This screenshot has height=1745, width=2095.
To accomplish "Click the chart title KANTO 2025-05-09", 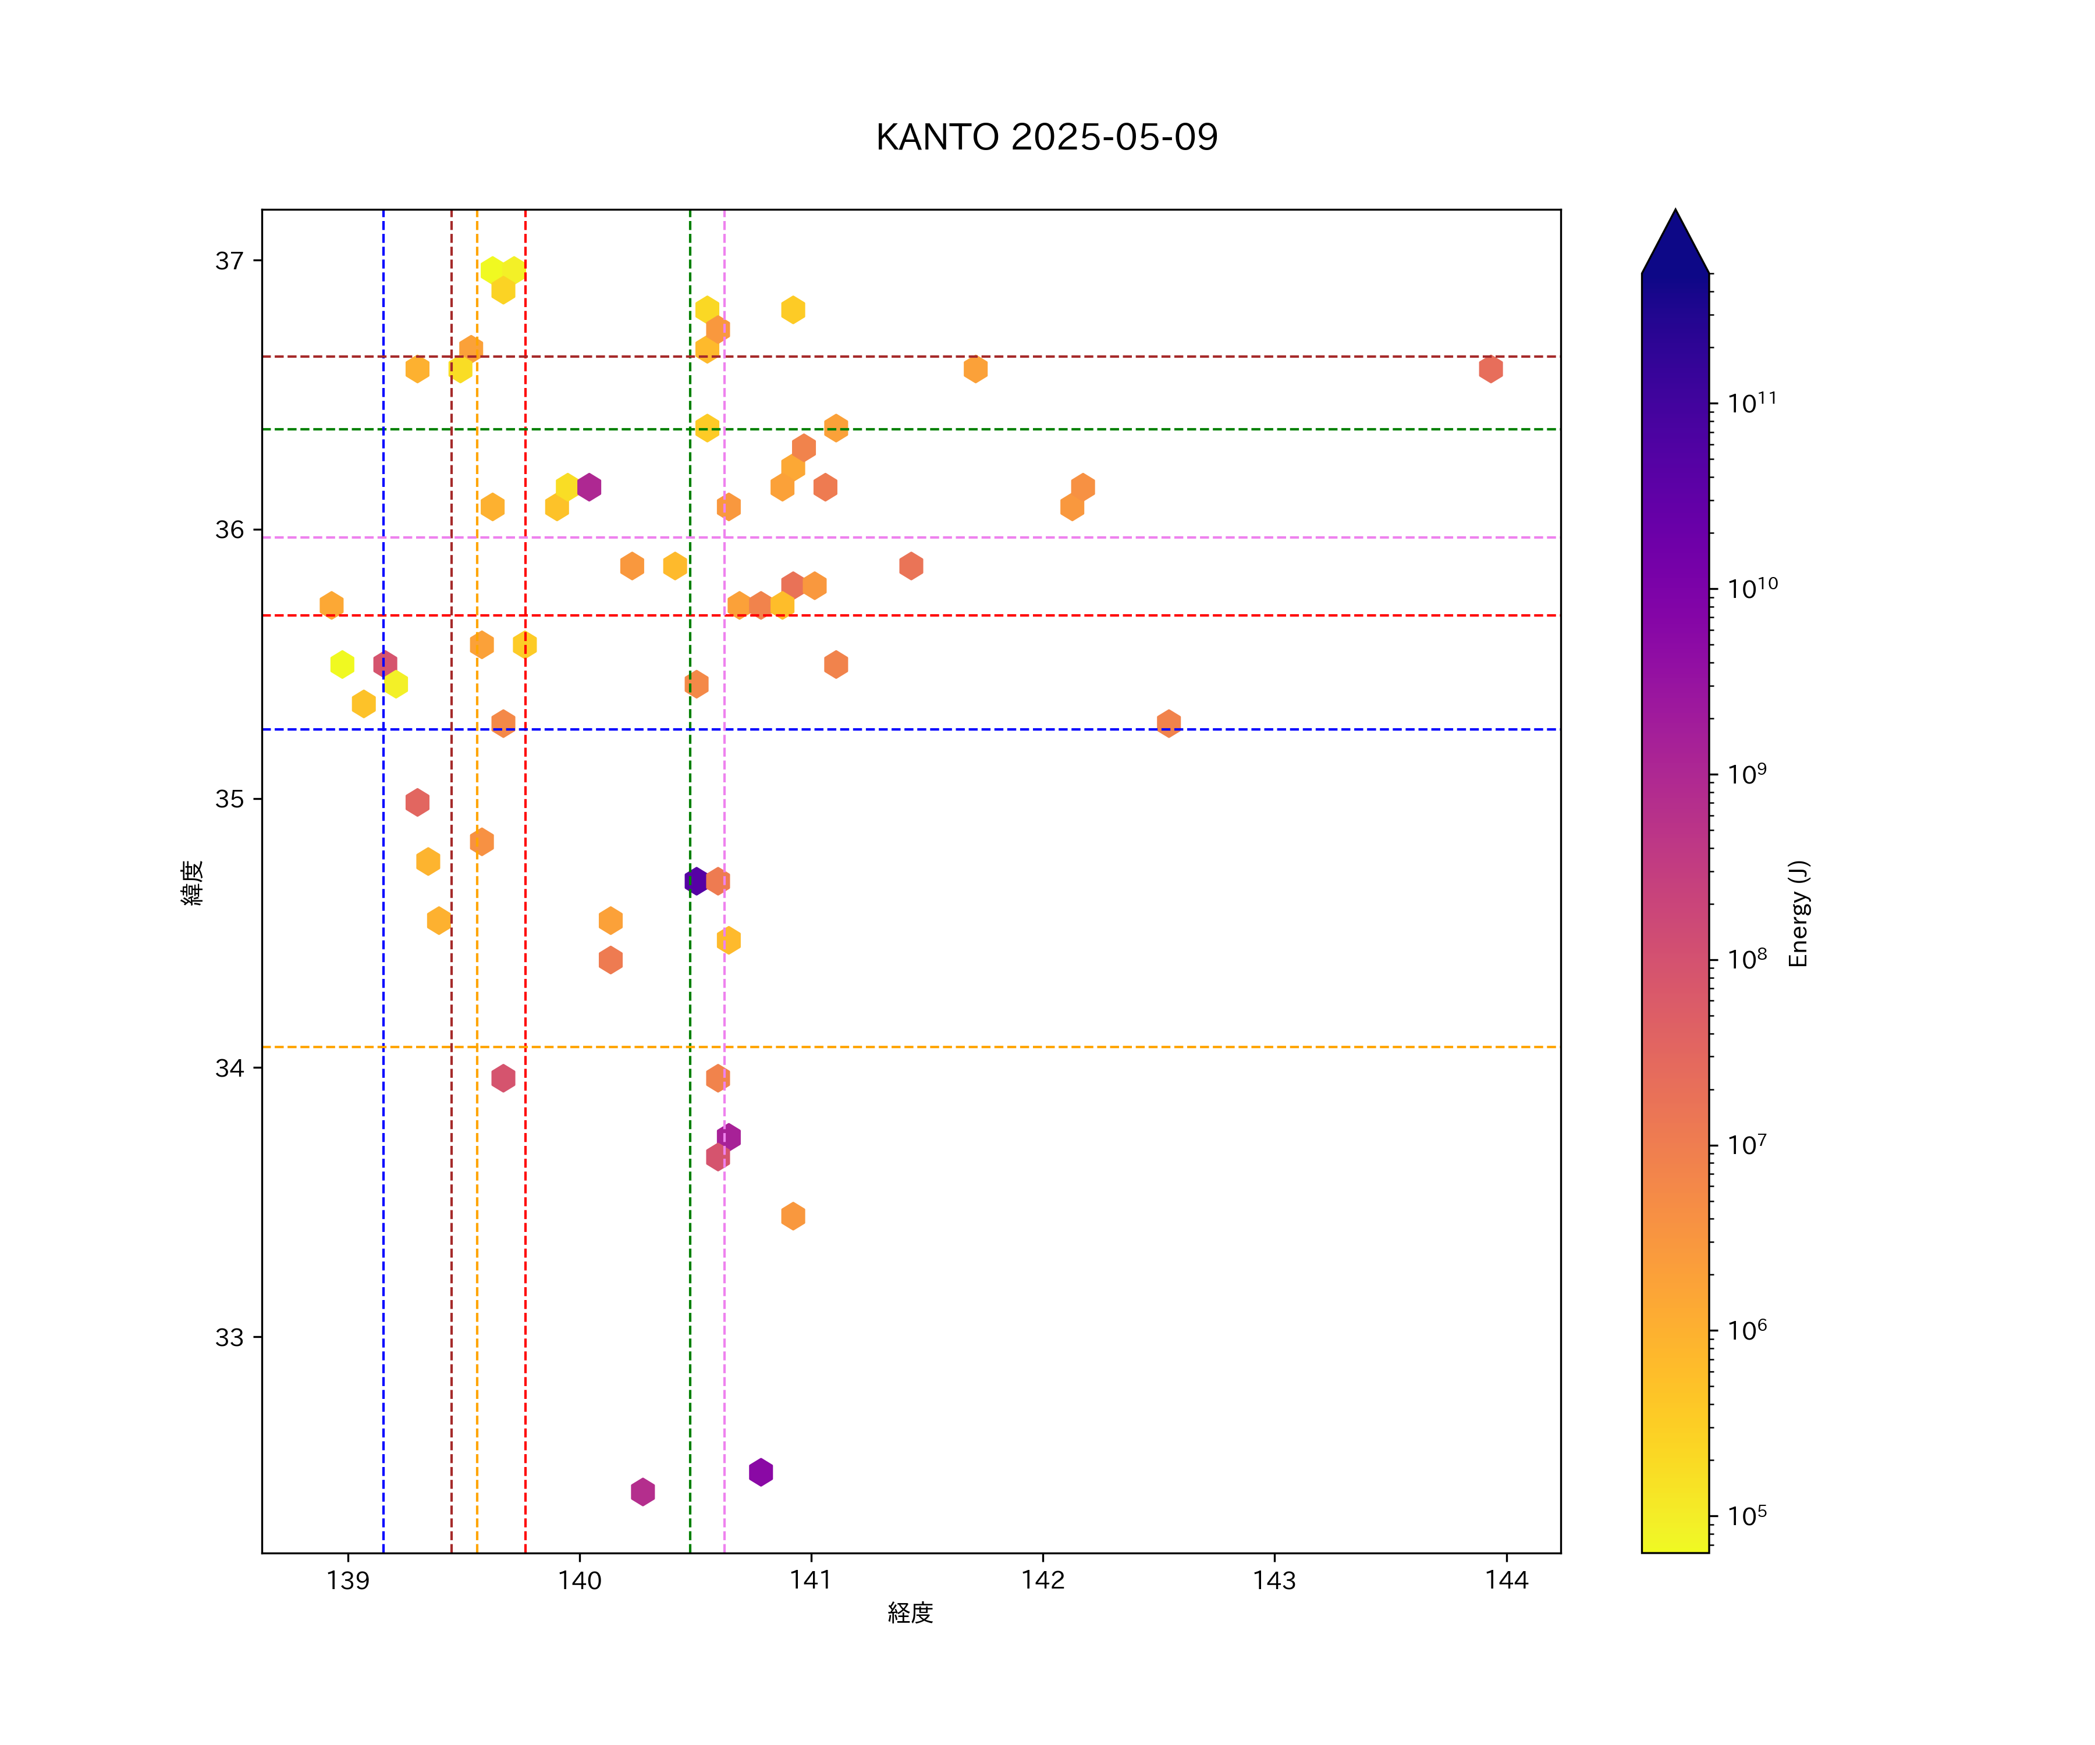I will [1046, 138].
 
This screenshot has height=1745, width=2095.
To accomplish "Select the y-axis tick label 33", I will [229, 1337].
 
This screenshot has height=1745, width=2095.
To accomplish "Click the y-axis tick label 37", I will [229, 261].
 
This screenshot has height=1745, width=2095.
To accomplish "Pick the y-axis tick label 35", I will [229, 799].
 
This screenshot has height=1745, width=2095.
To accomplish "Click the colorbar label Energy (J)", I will [1798, 913].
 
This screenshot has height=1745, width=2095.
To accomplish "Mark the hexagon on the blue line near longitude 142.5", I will [1168, 723].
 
